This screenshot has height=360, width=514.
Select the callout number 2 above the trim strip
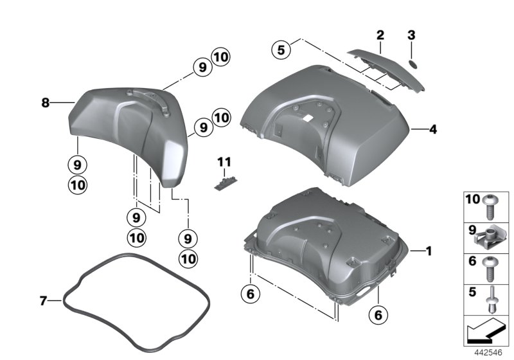(x=380, y=34)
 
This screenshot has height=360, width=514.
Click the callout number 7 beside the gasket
(x=44, y=300)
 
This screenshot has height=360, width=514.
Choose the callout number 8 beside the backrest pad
(x=46, y=102)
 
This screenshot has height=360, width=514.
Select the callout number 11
(x=225, y=160)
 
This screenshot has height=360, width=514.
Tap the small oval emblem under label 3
(x=414, y=63)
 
